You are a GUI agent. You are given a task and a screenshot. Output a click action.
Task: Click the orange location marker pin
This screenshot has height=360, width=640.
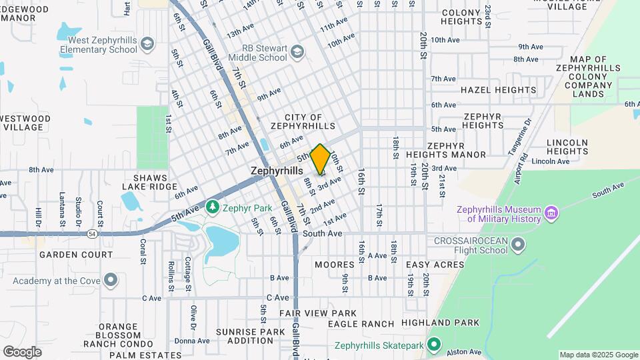[x=320, y=159]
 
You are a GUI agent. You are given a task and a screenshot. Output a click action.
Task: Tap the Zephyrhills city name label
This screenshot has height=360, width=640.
[x=277, y=171]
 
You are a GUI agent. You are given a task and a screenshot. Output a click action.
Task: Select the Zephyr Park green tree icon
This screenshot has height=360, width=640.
[x=213, y=207]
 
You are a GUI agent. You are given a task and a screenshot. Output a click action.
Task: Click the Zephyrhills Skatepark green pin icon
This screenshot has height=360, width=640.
[x=435, y=345]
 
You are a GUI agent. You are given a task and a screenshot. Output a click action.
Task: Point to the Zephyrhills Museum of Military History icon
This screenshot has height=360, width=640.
[x=551, y=213]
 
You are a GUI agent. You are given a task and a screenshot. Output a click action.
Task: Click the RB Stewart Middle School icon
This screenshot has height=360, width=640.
[x=297, y=52]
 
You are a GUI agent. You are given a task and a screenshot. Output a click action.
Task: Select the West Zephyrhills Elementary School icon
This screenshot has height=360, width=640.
[x=147, y=45]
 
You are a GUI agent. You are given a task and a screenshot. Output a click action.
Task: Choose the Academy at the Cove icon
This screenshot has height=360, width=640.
[x=111, y=280]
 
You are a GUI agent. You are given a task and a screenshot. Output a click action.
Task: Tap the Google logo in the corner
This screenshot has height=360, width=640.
[x=22, y=351]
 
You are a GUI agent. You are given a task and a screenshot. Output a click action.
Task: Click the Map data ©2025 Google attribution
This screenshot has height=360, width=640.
[x=598, y=355]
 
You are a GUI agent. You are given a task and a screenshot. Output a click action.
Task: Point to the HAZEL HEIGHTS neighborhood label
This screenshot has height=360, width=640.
[x=498, y=89]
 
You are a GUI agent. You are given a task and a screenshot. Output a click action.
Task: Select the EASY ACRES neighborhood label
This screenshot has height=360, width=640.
[x=435, y=265]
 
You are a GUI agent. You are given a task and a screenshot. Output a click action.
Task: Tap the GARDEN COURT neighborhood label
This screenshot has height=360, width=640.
[x=75, y=255]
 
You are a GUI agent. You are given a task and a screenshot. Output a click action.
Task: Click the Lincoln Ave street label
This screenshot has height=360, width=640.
[x=551, y=161]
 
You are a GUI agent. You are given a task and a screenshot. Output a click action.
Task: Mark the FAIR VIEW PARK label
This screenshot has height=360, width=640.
[x=318, y=313]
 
